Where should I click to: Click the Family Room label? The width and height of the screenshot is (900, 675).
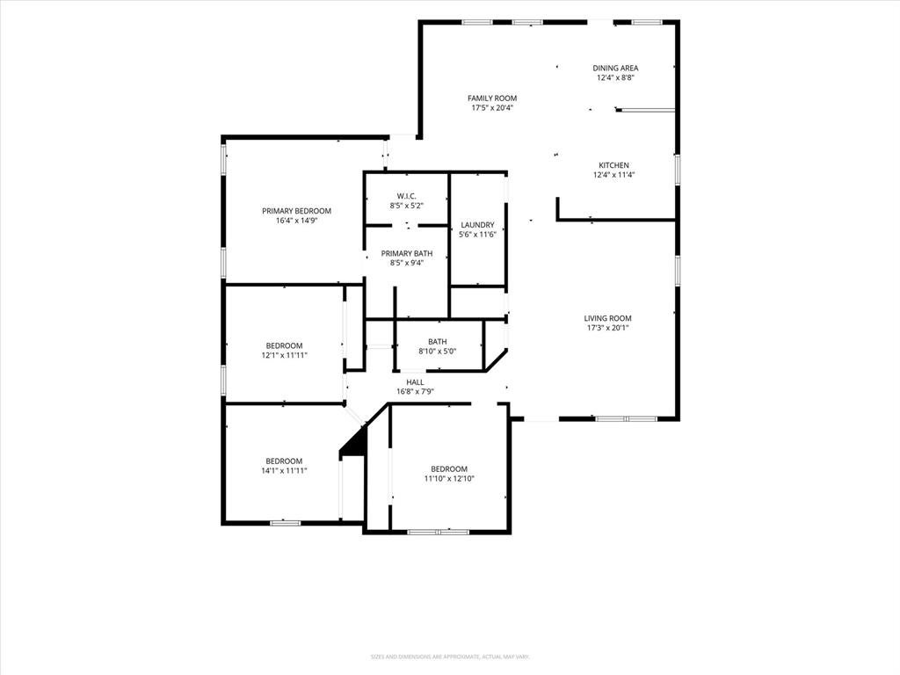(492, 98)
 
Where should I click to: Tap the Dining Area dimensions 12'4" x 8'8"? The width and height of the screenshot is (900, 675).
(615, 77)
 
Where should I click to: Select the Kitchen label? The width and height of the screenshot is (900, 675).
(613, 165)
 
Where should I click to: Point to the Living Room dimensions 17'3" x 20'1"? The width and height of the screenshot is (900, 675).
(607, 328)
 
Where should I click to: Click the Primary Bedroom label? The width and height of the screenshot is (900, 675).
(296, 211)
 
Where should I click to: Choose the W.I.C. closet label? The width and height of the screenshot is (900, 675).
(406, 196)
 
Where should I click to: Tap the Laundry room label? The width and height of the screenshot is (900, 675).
(477, 225)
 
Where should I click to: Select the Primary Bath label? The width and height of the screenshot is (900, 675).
(406, 253)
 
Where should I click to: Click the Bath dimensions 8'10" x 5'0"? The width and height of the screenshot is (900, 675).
(437, 352)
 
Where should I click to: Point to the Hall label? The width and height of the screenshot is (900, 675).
(415, 382)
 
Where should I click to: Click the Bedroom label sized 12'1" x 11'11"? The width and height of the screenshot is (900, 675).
(284, 345)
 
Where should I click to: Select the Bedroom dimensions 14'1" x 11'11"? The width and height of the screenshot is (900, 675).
(284, 471)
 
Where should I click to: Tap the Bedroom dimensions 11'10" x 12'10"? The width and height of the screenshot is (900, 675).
(449, 478)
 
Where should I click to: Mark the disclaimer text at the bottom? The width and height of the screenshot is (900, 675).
(449, 657)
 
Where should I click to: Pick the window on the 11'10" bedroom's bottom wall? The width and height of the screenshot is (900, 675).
(438, 532)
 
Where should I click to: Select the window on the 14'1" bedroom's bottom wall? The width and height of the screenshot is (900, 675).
(286, 523)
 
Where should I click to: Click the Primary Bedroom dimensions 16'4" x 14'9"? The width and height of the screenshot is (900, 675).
(296, 221)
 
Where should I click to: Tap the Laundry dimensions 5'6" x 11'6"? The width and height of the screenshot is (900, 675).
(477, 235)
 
